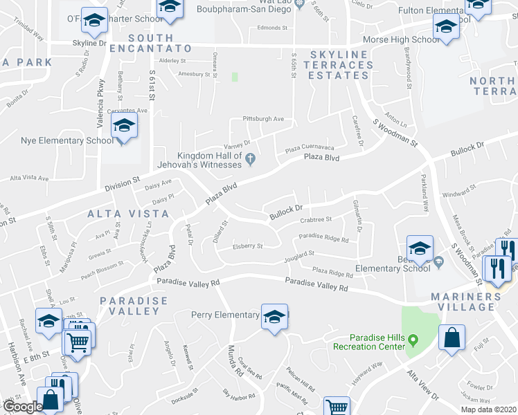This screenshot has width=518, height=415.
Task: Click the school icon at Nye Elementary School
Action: pyautogui.click(x=125, y=126)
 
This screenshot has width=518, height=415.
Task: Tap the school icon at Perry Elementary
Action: pyautogui.click(x=275, y=317)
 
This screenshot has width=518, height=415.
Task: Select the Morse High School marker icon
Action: pyautogui.click(x=446, y=28)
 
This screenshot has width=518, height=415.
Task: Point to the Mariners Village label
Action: pyautogui.click(x=469, y=302)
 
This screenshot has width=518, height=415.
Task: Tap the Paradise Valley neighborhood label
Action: pyautogui.click(x=134, y=306)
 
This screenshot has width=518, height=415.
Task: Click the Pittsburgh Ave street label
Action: pyautogui.click(x=263, y=119)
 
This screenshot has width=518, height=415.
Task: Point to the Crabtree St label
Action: pyautogui.click(x=316, y=220)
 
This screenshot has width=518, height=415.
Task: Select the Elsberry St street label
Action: pyautogui.click(x=247, y=246)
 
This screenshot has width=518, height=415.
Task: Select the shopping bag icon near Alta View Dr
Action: pyautogui.click(x=452, y=339)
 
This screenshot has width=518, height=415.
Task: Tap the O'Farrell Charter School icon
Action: pyautogui.click(x=93, y=21)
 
